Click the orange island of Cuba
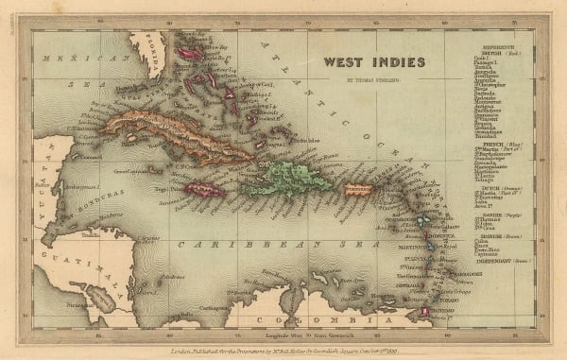[x=170, y=136]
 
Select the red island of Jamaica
[x=205, y=190]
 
